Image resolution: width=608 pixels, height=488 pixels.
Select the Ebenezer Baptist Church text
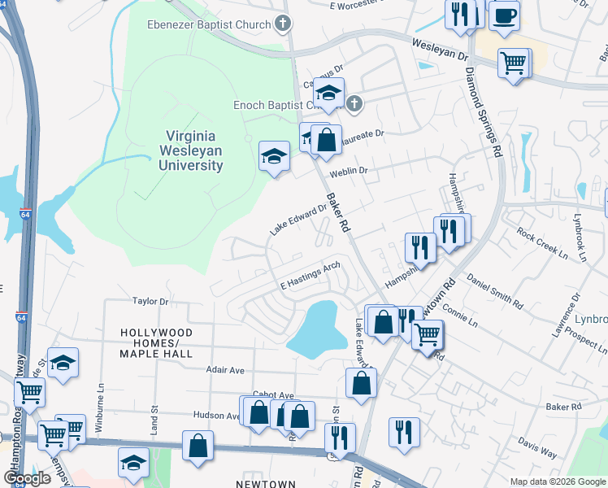click(209, 24)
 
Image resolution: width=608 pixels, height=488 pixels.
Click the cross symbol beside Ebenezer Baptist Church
click(282, 24)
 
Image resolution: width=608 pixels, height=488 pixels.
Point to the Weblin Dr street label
click(349, 172)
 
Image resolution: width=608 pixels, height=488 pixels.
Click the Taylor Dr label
click(150, 301)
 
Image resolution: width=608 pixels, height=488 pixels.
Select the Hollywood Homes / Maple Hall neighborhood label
click(156, 343)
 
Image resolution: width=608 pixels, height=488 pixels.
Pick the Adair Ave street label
click(225, 370)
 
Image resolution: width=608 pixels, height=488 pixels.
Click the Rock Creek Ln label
click(541, 243)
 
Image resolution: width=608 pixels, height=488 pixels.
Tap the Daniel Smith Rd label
click(494, 290)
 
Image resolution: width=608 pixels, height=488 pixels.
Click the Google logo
click(28, 478)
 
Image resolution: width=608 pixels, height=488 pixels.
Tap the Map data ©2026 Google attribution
click(557, 481)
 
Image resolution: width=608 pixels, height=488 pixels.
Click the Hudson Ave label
click(216, 415)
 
